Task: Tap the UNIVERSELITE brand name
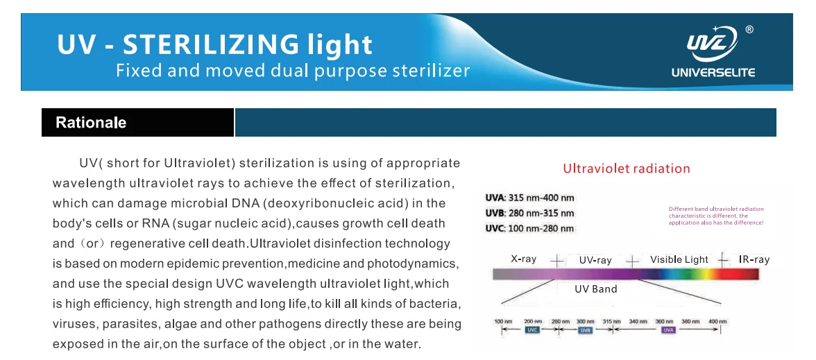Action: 713,73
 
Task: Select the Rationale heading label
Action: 91,123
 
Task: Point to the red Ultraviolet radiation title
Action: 626,169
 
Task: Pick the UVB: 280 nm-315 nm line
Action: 529,214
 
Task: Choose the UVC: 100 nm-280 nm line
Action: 529,229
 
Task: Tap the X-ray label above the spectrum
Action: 524,259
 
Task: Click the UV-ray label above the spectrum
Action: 595,260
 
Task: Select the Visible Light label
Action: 679,259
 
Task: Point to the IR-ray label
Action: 754,259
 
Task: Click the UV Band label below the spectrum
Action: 595,289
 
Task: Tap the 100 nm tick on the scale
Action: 503,322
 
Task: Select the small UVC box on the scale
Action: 532,331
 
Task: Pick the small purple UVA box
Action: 668,331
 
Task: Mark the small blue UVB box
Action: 585,331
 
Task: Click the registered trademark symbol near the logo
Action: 749,29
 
